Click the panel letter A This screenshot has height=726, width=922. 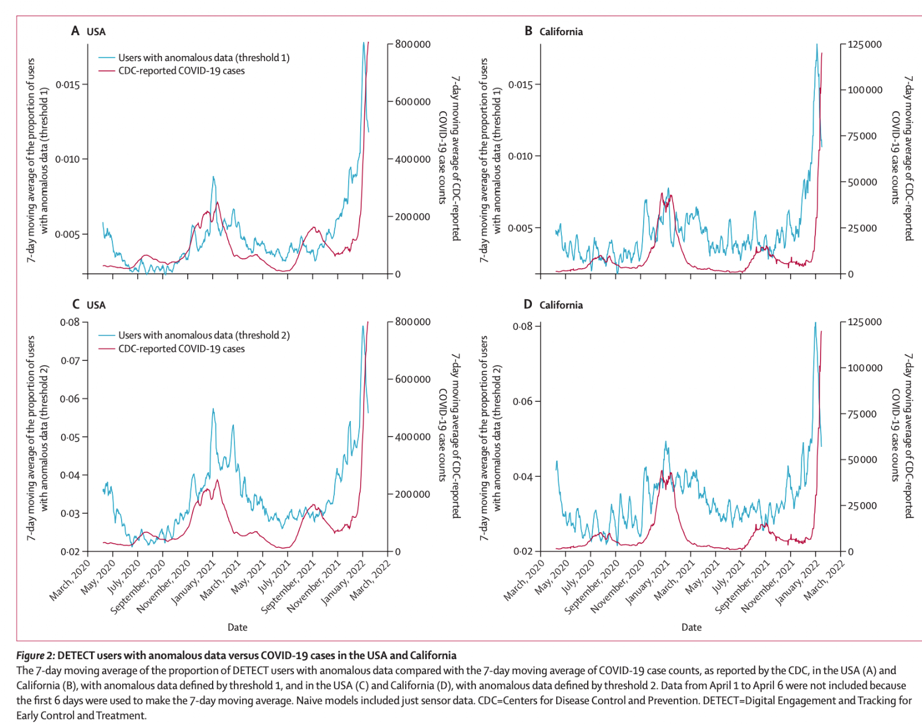coord(75,31)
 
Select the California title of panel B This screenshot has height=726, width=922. coord(561,32)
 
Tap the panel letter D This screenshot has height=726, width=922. coord(528,304)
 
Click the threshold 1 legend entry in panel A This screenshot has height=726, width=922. coord(203,58)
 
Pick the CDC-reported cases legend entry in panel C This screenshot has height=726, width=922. coord(181,349)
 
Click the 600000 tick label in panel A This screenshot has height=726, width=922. coord(413,102)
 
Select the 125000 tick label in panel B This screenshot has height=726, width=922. coord(864,44)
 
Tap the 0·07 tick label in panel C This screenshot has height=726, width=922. coord(70,361)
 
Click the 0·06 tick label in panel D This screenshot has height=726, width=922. coord(523,401)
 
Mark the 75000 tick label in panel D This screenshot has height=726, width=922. coord(862,414)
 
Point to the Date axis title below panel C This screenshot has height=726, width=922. coord(237,627)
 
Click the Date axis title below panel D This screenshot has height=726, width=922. coord(691,627)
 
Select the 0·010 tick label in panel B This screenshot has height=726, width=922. coord(520,156)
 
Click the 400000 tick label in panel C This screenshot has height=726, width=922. coord(413,437)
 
